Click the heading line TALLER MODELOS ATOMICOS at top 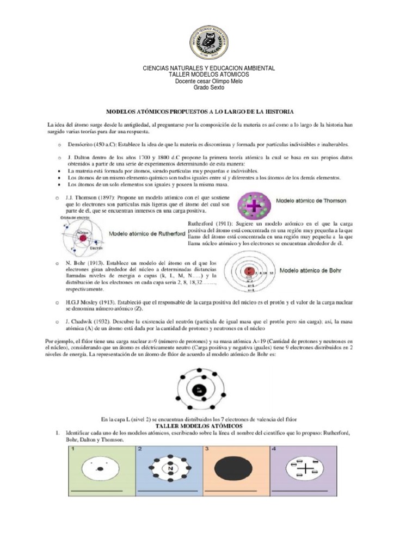208,75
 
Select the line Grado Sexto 208,88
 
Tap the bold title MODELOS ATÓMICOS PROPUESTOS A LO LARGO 200,111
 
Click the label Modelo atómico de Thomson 310,201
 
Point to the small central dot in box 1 100,469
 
